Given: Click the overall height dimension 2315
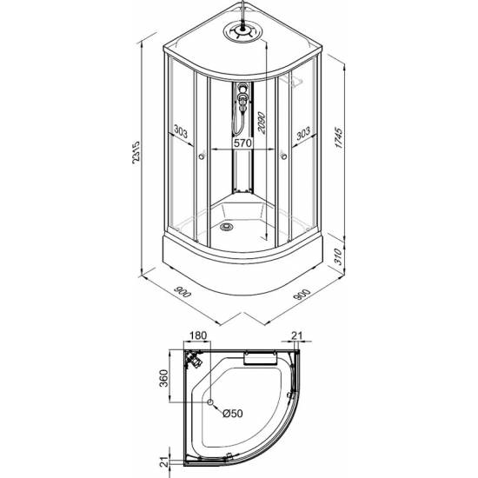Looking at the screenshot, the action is (x=136, y=152).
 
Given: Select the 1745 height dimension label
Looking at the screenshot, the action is (x=339, y=138).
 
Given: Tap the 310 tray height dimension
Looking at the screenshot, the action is (x=337, y=256).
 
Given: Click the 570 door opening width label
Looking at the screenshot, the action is (x=242, y=143).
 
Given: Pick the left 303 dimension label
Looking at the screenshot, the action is (x=181, y=132).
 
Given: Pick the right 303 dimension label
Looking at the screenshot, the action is (x=303, y=133).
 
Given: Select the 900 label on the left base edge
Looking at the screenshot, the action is (x=182, y=292).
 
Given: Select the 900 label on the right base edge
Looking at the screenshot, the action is (x=302, y=294).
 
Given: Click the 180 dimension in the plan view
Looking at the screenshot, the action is (x=198, y=335).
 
